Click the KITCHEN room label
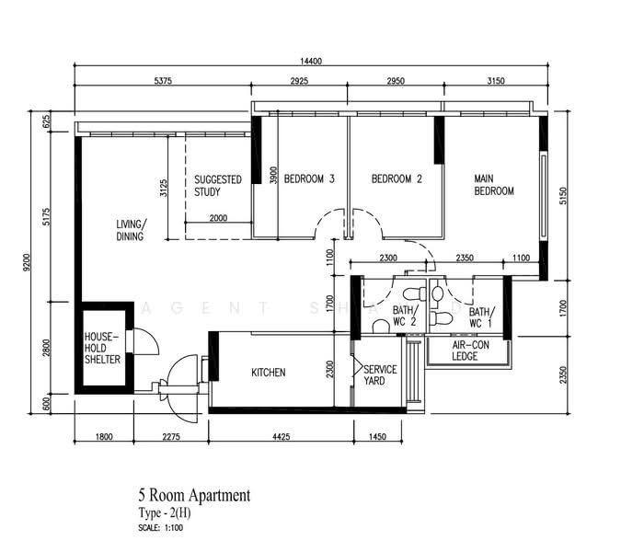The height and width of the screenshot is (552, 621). (268, 373)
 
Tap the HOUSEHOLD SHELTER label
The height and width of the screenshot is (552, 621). (102, 348)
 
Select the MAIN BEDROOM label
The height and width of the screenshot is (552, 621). (494, 185)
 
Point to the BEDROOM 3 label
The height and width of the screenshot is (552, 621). (309, 179)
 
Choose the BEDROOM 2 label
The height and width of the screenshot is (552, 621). (397, 179)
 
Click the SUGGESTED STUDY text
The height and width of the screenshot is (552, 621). (217, 186)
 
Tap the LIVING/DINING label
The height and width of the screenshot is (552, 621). (131, 230)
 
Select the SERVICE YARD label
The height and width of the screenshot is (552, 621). (380, 375)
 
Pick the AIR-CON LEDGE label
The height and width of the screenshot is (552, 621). (470, 351)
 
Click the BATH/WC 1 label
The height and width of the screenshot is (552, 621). (481, 317)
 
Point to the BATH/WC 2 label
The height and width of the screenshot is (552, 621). (405, 316)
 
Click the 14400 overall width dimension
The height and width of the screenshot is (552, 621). (311, 61)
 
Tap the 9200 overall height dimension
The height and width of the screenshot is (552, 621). (27, 262)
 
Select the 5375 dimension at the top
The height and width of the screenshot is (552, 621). (163, 81)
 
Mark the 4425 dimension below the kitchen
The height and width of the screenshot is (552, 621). (282, 437)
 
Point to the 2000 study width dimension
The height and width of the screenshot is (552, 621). (218, 218)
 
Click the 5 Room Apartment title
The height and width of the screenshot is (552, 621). (194, 495)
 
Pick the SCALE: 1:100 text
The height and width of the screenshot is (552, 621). (160, 528)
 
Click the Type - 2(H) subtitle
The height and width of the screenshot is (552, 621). (165, 513)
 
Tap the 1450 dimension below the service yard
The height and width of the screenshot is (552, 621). (377, 437)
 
